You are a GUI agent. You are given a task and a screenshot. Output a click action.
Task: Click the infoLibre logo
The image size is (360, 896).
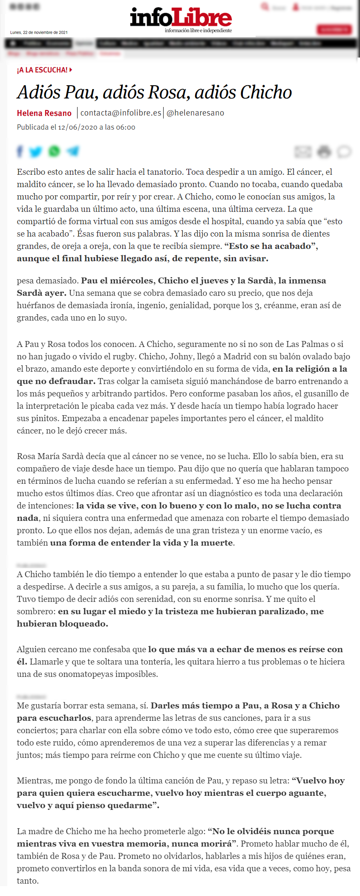click(x=181, y=17)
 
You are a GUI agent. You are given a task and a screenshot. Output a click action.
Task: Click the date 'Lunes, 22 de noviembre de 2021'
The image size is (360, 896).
click(x=39, y=32)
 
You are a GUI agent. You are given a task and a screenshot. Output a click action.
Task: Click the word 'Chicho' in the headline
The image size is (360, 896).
click(x=266, y=92)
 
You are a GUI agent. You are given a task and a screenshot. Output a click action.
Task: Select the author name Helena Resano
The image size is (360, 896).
click(x=44, y=113)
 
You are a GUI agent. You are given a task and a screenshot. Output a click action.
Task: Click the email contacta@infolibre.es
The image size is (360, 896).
click(x=121, y=113)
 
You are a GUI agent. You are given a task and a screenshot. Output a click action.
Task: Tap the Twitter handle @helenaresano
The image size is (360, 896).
click(x=195, y=113)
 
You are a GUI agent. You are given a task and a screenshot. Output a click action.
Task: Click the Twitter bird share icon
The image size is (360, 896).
click(x=36, y=151)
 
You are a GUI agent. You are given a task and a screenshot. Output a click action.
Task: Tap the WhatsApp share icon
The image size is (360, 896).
click(x=54, y=151)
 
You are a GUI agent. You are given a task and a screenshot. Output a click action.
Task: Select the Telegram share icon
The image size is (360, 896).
click(x=73, y=151)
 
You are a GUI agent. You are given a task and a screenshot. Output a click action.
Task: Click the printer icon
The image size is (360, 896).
click(x=324, y=151)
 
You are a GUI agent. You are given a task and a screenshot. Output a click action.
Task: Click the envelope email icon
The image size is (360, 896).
click(x=303, y=151)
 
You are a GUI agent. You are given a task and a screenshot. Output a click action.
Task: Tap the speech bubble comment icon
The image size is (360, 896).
click(x=344, y=151)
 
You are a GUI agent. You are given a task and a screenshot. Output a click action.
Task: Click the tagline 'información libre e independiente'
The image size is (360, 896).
click(x=198, y=30)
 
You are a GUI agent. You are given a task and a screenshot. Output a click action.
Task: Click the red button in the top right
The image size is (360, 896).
click(x=334, y=29)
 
